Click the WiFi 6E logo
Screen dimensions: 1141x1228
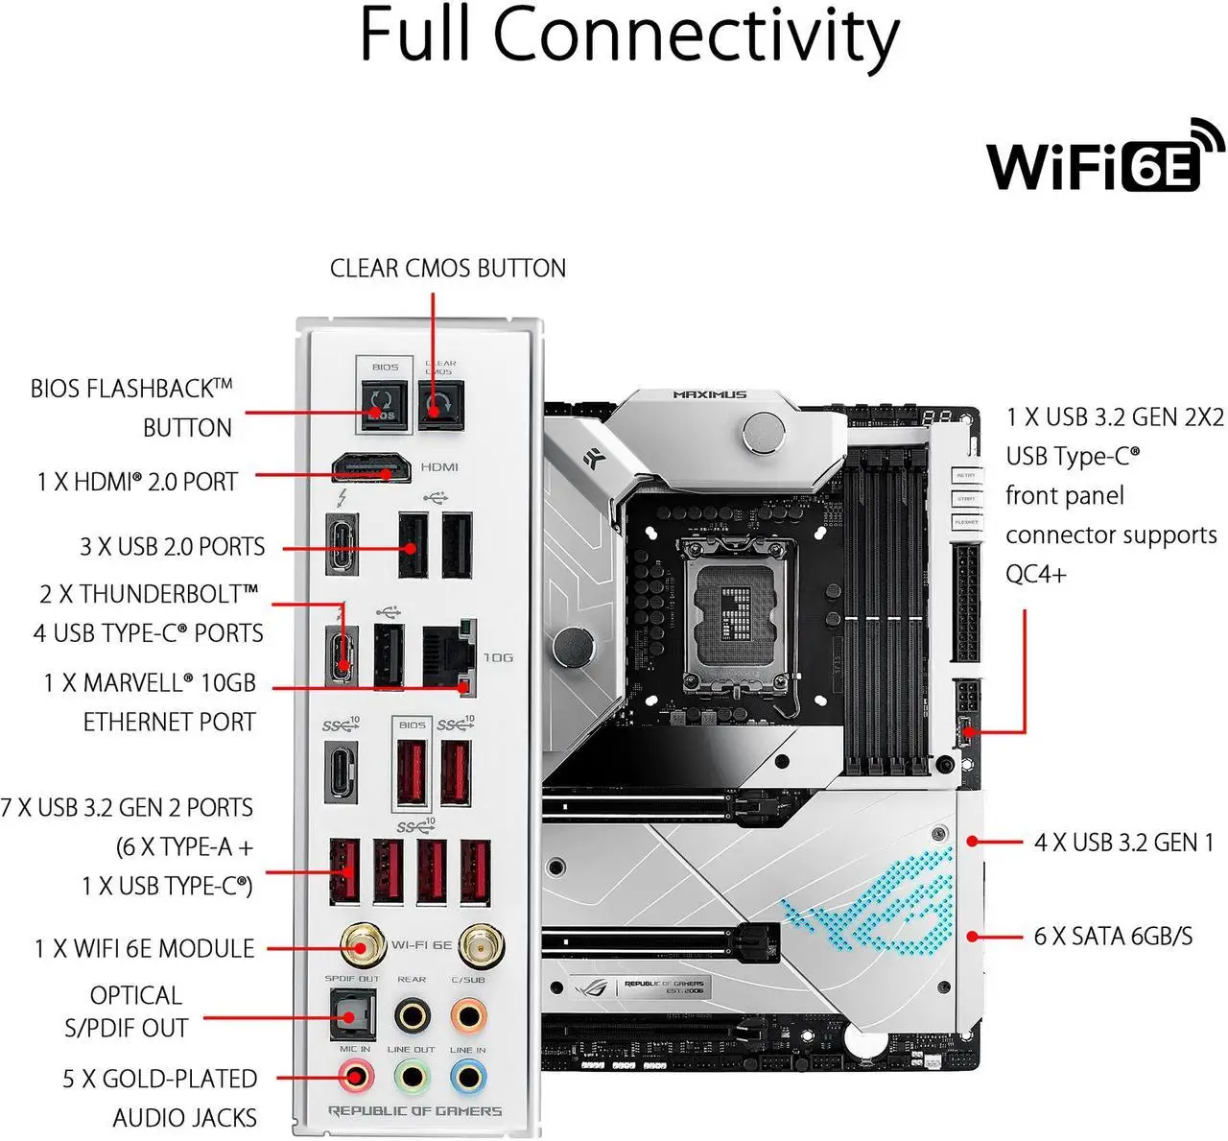pyautogui.click(x=1103, y=158)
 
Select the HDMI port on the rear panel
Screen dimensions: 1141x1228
pyautogui.click(x=371, y=468)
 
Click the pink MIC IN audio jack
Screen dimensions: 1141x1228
pyautogui.click(x=354, y=1077)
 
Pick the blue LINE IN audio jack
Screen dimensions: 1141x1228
pyautogui.click(x=468, y=1077)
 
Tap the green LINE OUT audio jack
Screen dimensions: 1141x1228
pyautogui.click(x=412, y=1077)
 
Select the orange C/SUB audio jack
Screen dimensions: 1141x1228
pyautogui.click(x=468, y=1014)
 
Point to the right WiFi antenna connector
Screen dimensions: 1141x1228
pyautogui.click(x=481, y=946)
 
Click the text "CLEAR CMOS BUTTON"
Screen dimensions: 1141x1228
pyautogui.click(x=447, y=268)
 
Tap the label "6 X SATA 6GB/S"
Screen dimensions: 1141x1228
pyautogui.click(x=1113, y=936)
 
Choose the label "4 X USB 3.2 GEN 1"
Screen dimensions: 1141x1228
pyautogui.click(x=1123, y=843)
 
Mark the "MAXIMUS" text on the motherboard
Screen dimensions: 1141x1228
pyautogui.click(x=709, y=394)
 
